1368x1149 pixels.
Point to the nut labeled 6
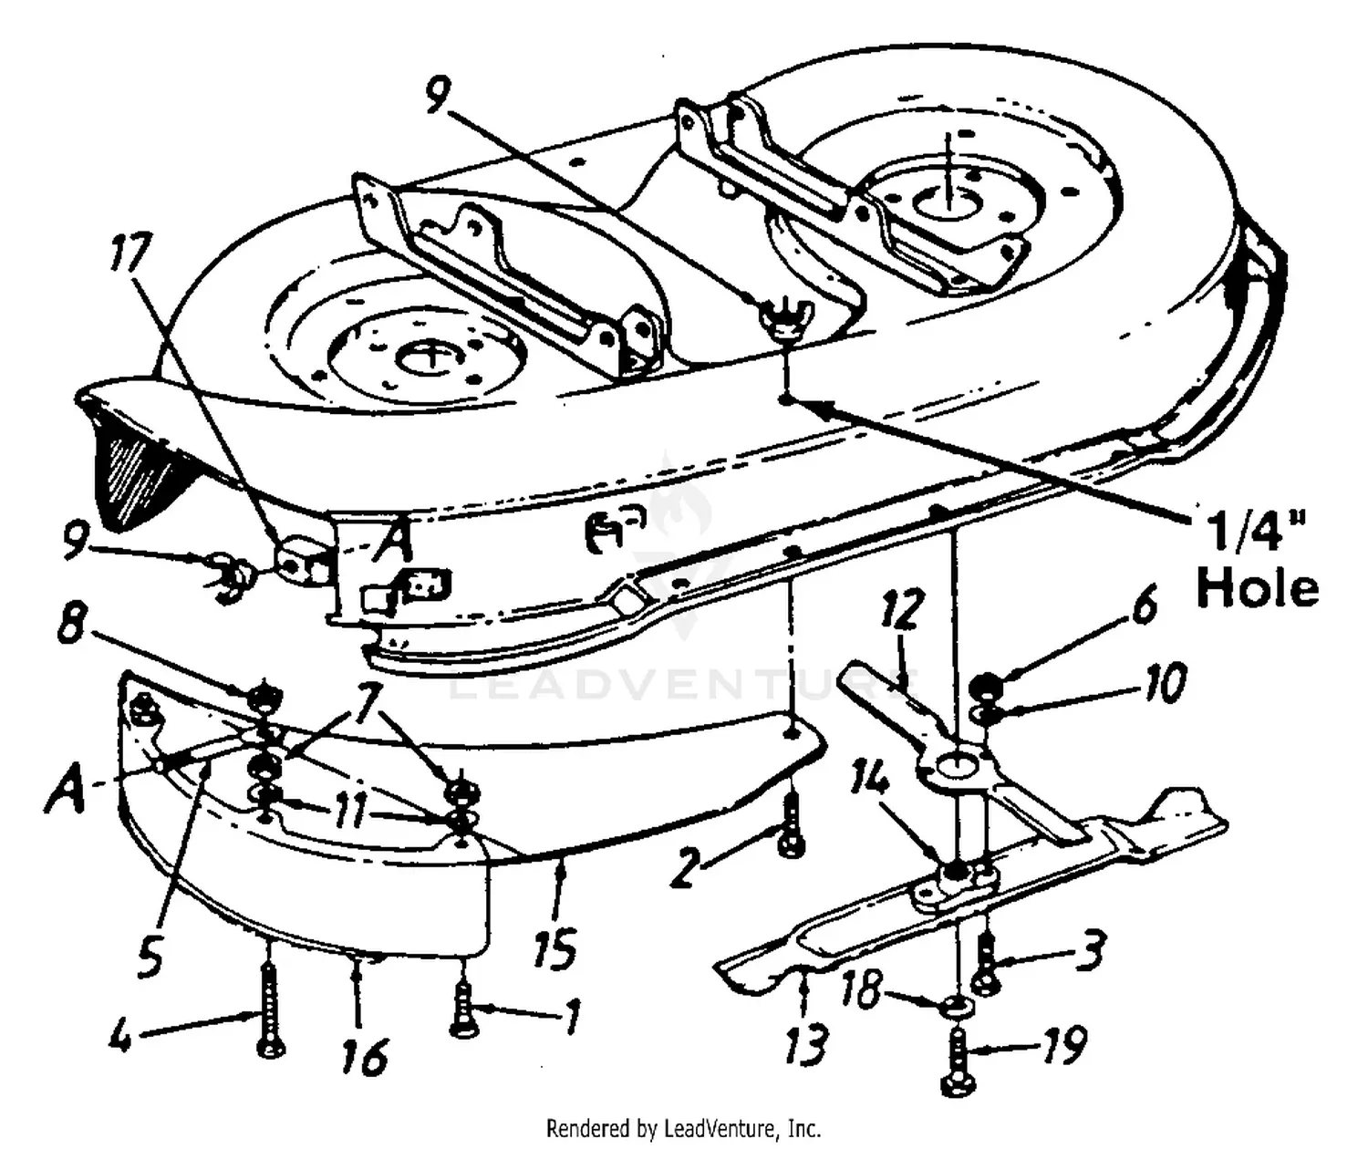point(986,684)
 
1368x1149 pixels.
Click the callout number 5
point(150,954)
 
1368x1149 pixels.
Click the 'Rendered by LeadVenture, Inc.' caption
point(683,1128)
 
